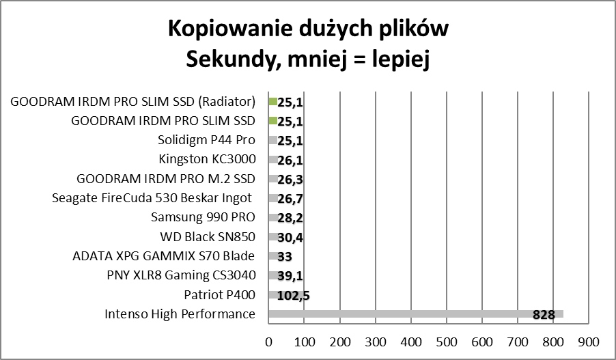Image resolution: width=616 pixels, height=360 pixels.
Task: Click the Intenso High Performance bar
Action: (410, 314)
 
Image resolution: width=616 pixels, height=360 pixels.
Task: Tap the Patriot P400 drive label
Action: (219, 295)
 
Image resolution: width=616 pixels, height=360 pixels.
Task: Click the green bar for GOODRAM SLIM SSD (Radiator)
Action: (272, 102)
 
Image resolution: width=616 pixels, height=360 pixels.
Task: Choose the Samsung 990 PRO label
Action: (203, 217)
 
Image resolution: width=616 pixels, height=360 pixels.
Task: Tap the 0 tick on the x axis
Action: (269, 340)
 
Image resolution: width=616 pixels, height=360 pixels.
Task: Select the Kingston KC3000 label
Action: (207, 160)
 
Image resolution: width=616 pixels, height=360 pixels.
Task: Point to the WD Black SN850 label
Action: (207, 237)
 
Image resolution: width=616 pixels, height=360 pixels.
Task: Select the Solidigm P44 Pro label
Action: (206, 141)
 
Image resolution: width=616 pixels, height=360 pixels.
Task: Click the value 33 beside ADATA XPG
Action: (286, 258)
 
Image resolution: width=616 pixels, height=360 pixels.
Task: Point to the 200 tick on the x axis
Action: (340, 340)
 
